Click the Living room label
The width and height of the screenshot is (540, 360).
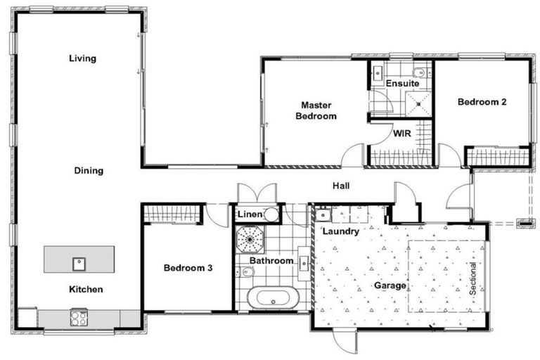pyautogui.click(x=82, y=58)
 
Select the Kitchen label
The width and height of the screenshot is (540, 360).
pyautogui.click(x=86, y=289)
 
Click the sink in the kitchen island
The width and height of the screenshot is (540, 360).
pyautogui.click(x=78, y=264)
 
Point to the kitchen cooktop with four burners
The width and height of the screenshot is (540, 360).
pyautogui.click(x=78, y=318)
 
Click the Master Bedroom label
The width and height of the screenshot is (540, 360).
pyautogui.click(x=316, y=110)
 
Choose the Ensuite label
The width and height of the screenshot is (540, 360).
pyautogui.click(x=402, y=84)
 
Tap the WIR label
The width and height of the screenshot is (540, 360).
pyautogui.click(x=401, y=133)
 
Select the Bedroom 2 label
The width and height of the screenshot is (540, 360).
pyautogui.click(x=482, y=102)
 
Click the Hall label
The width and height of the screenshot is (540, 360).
pyautogui.click(x=341, y=186)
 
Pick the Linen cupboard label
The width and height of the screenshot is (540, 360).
pyautogui.click(x=250, y=214)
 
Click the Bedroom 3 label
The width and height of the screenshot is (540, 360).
pyautogui.click(x=188, y=268)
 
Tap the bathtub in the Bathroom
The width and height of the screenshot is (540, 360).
pyautogui.click(x=274, y=297)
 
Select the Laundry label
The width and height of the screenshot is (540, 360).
pyautogui.click(x=341, y=231)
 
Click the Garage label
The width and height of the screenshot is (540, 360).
pyautogui.click(x=390, y=285)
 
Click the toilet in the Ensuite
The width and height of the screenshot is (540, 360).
pyautogui.click(x=420, y=72)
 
